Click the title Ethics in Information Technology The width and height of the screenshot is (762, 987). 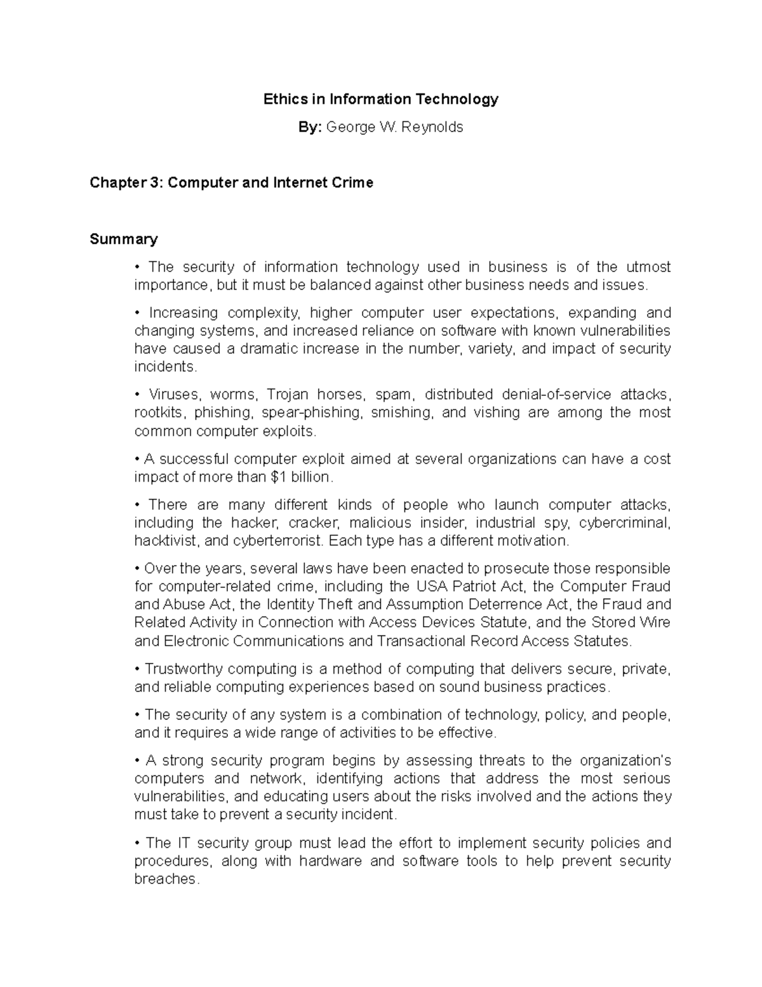tap(381, 99)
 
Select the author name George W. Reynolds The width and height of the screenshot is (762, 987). tap(394, 127)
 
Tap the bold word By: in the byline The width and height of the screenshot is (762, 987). tap(311, 127)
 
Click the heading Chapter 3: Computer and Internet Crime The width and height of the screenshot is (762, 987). tap(231, 183)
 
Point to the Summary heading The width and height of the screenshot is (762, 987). tap(123, 239)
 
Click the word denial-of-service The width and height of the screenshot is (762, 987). tap(556, 394)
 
